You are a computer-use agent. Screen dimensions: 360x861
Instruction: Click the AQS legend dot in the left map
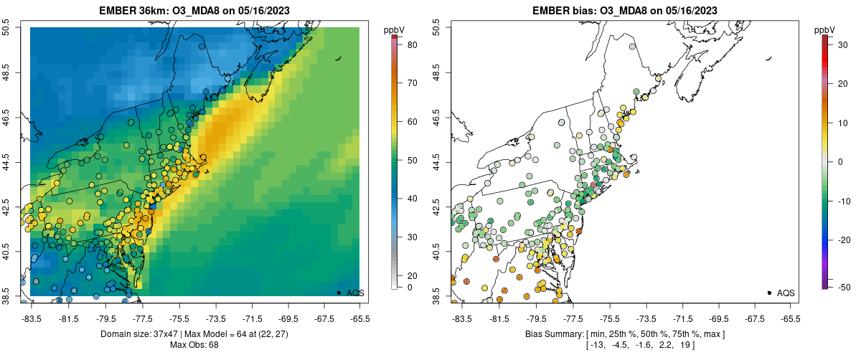339,293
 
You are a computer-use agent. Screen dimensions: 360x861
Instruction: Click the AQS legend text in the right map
786,293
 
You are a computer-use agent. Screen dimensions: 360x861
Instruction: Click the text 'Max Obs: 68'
194,345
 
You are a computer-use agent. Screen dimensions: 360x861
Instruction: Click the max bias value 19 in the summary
688,345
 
